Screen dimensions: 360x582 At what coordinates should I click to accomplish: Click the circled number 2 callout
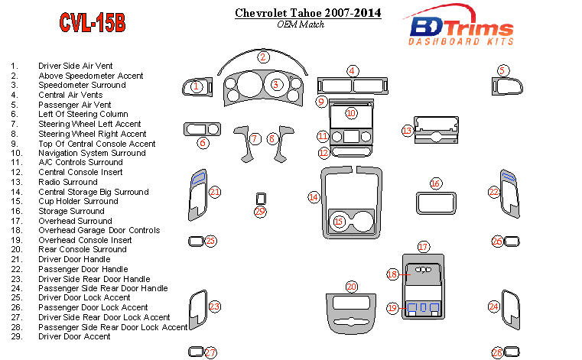click(263, 57)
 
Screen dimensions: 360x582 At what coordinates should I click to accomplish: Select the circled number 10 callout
click(351, 113)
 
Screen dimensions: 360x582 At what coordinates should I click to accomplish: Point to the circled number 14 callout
click(314, 196)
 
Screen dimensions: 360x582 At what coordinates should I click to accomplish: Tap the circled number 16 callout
click(435, 183)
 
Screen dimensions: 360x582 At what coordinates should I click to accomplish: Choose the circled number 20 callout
click(351, 287)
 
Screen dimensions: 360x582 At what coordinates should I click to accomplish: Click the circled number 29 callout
click(260, 212)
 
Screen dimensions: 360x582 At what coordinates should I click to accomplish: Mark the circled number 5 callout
click(502, 70)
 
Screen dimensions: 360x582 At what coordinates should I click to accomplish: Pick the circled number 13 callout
click(407, 131)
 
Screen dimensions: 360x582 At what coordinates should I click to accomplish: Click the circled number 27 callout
click(210, 352)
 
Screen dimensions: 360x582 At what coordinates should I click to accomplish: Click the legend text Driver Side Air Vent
click(75, 66)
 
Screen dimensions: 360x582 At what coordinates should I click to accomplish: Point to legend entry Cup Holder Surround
click(78, 201)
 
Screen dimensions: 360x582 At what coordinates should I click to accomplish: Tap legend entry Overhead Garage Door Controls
click(99, 230)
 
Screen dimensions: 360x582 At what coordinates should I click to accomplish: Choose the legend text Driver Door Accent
click(74, 336)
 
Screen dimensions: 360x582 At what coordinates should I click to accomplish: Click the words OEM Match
click(300, 24)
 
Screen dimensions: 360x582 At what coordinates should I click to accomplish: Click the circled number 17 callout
click(424, 247)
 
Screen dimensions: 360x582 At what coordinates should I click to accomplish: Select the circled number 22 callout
click(494, 193)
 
